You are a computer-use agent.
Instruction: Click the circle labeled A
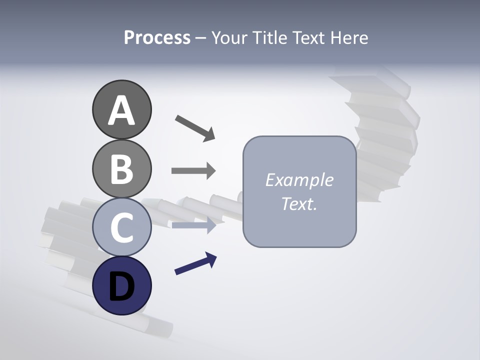(121, 109)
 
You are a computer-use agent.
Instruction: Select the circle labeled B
(121, 168)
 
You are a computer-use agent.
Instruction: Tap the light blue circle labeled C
(121, 227)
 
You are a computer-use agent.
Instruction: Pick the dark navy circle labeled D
(121, 285)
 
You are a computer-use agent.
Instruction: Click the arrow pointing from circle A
(194, 127)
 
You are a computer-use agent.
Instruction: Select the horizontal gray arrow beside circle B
(193, 171)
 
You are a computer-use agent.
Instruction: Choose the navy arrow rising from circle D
(195, 264)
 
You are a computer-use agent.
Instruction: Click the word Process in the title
(157, 37)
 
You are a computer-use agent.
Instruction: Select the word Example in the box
(299, 180)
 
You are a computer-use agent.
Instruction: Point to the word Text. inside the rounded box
(299, 203)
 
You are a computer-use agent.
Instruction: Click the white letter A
(121, 110)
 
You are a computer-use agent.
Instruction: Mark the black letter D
(121, 286)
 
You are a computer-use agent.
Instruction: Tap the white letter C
(121, 227)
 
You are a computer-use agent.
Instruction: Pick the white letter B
(121, 169)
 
